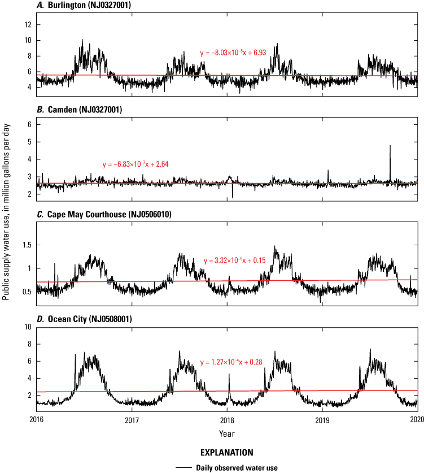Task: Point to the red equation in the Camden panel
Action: pos(135,164)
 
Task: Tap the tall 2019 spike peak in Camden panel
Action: pos(390,146)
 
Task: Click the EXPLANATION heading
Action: pos(226,453)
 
